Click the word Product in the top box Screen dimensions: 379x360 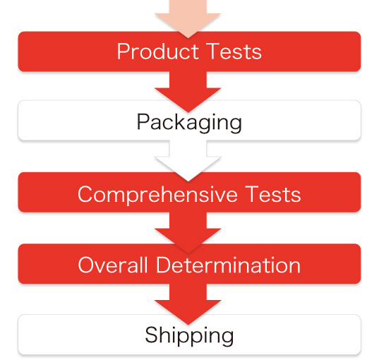click(x=158, y=51)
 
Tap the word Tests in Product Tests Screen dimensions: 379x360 click(x=234, y=51)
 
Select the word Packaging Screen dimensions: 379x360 click(x=189, y=122)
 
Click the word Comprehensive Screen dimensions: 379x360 click(x=157, y=194)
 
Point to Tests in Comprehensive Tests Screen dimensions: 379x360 click(x=273, y=194)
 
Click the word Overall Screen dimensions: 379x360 click(x=113, y=265)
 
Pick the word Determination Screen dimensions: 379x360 click(x=228, y=265)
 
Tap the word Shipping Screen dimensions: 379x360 click(x=189, y=335)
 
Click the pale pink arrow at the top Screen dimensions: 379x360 click(x=188, y=19)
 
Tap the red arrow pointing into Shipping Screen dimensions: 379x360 click(x=188, y=304)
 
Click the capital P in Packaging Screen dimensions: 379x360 click(x=143, y=121)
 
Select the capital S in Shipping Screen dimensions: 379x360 click(x=151, y=335)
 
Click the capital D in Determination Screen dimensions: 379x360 click(x=163, y=265)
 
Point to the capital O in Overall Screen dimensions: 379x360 click(x=86, y=265)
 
